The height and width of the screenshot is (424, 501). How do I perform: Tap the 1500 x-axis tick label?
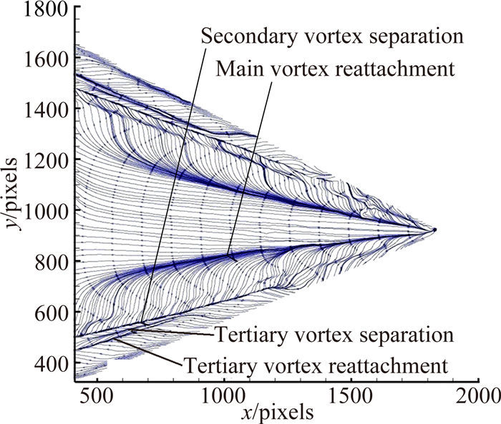pyautogui.click(x=349, y=393)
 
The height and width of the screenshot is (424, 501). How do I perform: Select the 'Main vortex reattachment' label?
pyautogui.click(x=336, y=69)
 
